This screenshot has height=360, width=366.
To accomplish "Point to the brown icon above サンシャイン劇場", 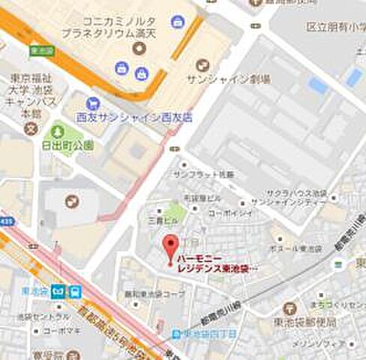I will (200, 65).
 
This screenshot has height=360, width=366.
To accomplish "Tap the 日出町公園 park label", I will (68, 146).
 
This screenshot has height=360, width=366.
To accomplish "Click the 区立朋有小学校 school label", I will (334, 26).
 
